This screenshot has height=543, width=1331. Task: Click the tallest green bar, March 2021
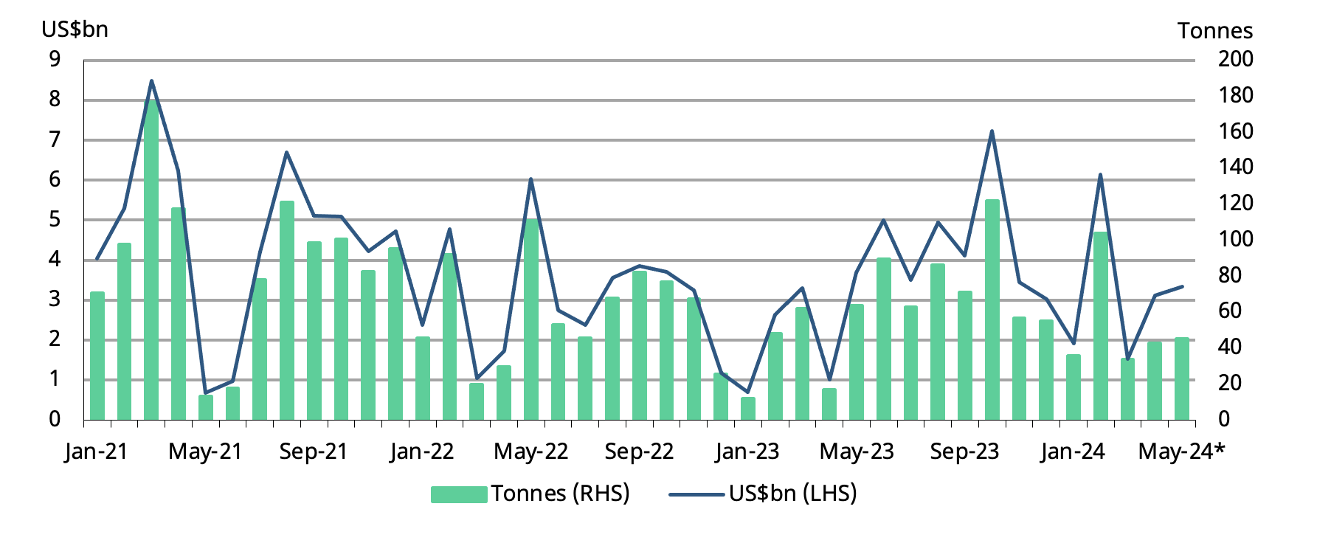coord(151,258)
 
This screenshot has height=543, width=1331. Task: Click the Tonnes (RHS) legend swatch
coord(458,494)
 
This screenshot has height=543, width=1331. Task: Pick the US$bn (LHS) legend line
coord(696,494)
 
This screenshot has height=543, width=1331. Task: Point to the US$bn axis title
coord(75,30)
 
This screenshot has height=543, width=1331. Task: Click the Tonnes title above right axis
coord(1214,31)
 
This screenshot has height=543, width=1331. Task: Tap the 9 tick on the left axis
coord(55,60)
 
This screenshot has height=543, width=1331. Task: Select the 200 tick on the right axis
coord(1234,59)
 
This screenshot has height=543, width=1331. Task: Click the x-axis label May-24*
coord(1180,452)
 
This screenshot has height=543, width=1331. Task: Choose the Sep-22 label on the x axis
coord(639,452)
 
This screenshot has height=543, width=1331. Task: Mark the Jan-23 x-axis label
coord(747,452)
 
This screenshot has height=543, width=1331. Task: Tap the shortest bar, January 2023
coord(748,408)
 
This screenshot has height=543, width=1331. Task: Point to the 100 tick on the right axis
coord(1234,239)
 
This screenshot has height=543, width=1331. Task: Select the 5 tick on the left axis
coord(55,220)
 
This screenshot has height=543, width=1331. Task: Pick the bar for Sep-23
coord(965,355)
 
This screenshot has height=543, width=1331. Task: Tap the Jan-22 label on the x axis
coord(421,452)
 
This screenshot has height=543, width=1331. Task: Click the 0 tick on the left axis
coord(55,419)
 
